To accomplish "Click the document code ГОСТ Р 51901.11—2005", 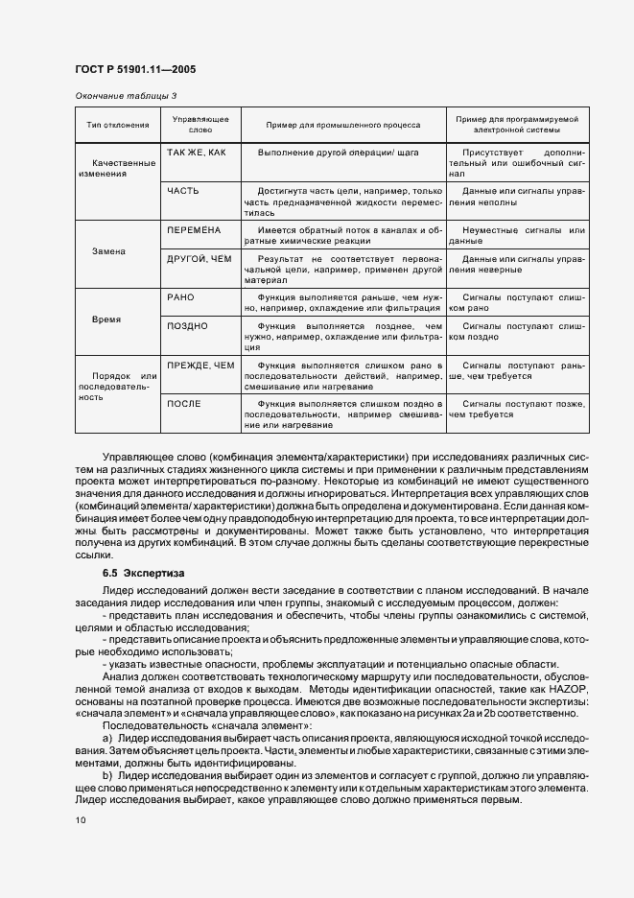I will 136,69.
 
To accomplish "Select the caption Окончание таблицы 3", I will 126,95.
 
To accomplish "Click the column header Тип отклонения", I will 118,126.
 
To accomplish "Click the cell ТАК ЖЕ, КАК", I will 196,154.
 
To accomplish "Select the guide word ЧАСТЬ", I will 182,191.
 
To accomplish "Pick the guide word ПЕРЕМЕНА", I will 194,231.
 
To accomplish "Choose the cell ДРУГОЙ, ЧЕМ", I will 200,259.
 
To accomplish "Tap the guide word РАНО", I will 180,298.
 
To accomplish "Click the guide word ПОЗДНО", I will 187,326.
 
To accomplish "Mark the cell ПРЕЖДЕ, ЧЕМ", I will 200,366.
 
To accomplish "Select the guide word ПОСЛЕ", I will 183,404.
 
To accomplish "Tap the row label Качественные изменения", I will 119,169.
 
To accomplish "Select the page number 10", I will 80,820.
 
